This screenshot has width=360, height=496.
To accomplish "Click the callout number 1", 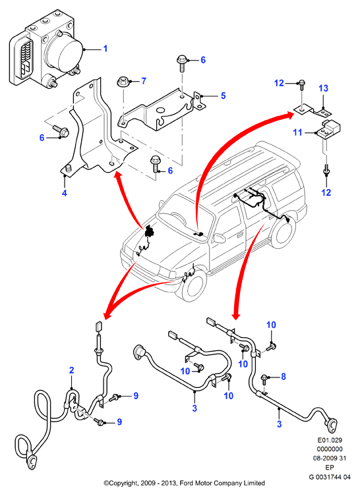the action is (x=105, y=48).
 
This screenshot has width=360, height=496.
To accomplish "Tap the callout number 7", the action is (x=144, y=81).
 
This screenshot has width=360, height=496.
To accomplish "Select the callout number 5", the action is (x=224, y=96).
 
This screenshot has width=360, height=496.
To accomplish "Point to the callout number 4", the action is (x=65, y=192).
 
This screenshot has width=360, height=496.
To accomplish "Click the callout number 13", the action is (x=323, y=88).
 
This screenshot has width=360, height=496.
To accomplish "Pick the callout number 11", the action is (x=297, y=132).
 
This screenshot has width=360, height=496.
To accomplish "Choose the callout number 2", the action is (x=72, y=370).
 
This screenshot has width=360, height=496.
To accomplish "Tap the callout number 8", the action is (x=283, y=376).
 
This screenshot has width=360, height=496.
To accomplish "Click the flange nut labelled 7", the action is (x=123, y=82).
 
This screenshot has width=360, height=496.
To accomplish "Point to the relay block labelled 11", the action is (x=328, y=129).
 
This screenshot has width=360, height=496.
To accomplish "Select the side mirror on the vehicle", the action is (x=218, y=238).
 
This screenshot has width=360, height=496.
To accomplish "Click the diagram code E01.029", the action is (x=330, y=440).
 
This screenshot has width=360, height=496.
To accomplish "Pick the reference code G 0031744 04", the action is (x=330, y=477).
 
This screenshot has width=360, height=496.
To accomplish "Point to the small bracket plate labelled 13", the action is (x=313, y=110).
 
